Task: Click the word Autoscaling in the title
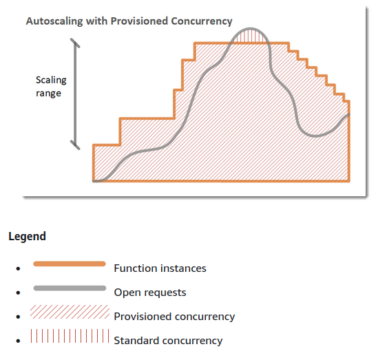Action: pyautogui.click(x=54, y=21)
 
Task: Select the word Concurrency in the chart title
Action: pyautogui.click(x=202, y=21)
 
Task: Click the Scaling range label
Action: pyautogui.click(x=51, y=87)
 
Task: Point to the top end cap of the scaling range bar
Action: pyautogui.click(x=75, y=43)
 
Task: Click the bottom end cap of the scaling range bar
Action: pyautogui.click(x=75, y=145)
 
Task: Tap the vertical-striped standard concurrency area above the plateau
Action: pyautogui.click(x=250, y=37)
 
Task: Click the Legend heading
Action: pyautogui.click(x=27, y=236)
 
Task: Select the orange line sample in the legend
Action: pyautogui.click(x=70, y=264)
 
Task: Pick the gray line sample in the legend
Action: pyautogui.click(x=70, y=288)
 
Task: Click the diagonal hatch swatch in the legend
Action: pyautogui.click(x=70, y=312)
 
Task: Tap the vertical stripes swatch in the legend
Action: pyautogui.click(x=70, y=336)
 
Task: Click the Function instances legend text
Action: pyautogui.click(x=160, y=268)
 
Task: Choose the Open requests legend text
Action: pyautogui.click(x=150, y=293)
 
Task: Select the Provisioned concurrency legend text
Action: pyautogui.click(x=174, y=317)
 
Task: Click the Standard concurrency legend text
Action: pyautogui.click(x=168, y=341)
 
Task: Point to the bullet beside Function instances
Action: pyautogui.click(x=18, y=268)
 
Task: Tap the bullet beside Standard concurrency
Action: pyautogui.click(x=18, y=341)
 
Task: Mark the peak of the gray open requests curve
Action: pyautogui.click(x=250, y=29)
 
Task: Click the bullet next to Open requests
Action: pyautogui.click(x=18, y=293)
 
